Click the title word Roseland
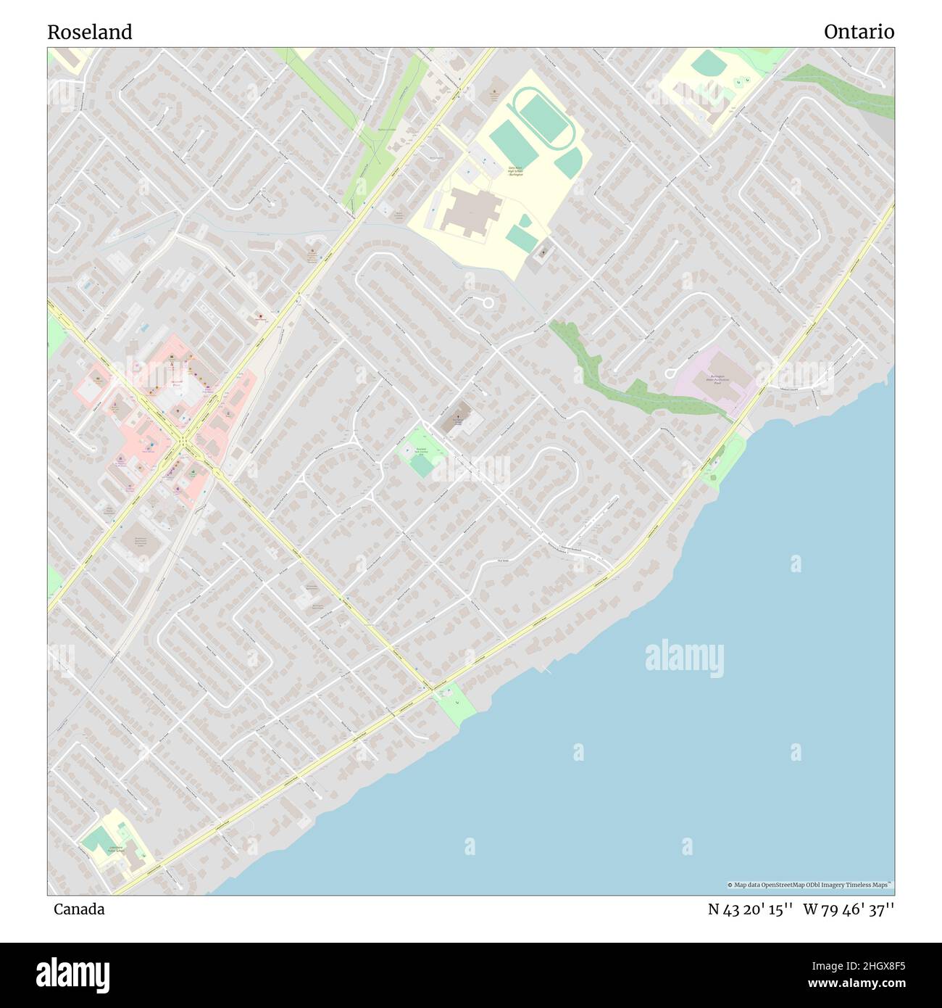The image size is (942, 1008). coord(90,32)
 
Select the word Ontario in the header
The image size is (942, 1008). coord(859,32)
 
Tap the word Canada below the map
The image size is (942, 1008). coord(79,909)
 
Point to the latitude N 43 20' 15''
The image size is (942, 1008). coord(751,909)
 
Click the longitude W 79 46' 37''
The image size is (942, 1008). coord(849,909)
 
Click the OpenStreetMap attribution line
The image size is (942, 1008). coord(810,885)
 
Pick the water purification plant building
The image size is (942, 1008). coord(717,380)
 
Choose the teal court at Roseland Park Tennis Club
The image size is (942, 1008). coord(421,465)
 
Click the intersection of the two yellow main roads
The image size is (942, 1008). coord(186,439)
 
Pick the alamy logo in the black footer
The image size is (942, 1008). coord(72,974)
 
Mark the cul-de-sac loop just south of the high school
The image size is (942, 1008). coord(488,302)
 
